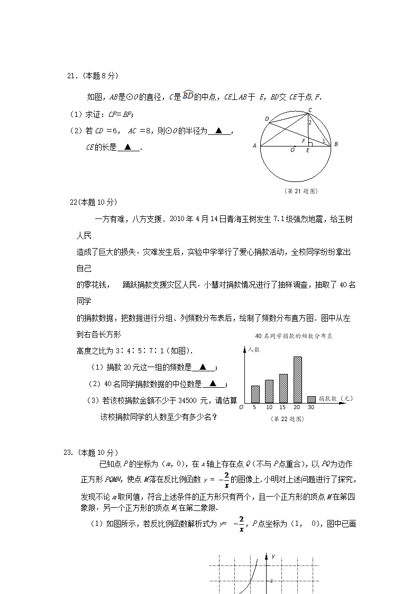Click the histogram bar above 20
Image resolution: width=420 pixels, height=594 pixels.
coord(297,380)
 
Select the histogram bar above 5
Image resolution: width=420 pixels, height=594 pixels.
coord(255,394)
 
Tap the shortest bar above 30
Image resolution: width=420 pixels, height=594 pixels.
coord(312,399)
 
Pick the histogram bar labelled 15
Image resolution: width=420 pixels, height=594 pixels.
coord(284,389)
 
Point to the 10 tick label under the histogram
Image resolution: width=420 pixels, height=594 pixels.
coord(269,407)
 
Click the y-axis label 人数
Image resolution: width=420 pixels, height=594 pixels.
coord(254,350)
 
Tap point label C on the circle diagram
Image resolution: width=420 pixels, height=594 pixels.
coord(310,109)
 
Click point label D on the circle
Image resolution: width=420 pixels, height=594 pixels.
coord(267,118)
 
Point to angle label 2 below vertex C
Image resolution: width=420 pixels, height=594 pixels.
coord(311,123)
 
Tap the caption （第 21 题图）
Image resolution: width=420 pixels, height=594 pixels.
coord(301,190)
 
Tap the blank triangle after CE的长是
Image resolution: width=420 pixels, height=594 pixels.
coord(127,148)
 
